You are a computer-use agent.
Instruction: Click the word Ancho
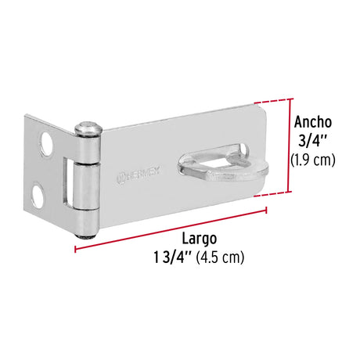(x=312, y=122)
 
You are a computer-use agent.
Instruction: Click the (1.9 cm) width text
(x=313, y=160)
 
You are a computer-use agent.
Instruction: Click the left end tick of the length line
(x=75, y=248)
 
